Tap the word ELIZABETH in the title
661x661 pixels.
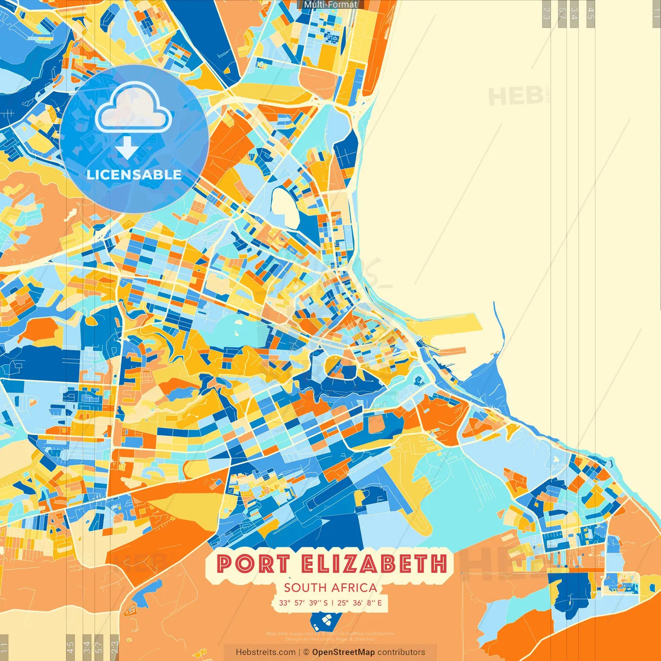(x=374, y=563)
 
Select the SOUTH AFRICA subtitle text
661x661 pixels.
(x=330, y=588)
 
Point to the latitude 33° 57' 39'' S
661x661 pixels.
(x=303, y=603)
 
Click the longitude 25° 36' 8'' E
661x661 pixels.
(x=360, y=603)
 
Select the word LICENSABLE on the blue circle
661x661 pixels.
(x=134, y=175)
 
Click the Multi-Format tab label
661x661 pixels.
(x=330, y=5)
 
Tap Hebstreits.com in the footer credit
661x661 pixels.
(x=265, y=652)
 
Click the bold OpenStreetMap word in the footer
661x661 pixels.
(x=343, y=652)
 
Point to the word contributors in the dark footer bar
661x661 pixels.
(x=401, y=652)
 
